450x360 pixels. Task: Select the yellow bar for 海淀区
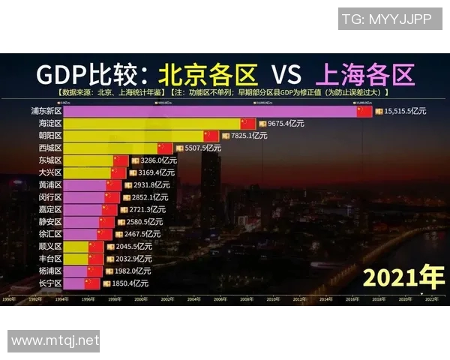pos(150,123)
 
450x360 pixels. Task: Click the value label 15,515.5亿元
pos(404,111)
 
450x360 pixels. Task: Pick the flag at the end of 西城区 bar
pos(165,148)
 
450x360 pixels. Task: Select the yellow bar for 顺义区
pos(75,246)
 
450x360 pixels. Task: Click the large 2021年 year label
pos(403,277)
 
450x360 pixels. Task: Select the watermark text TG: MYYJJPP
pos(386,19)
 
